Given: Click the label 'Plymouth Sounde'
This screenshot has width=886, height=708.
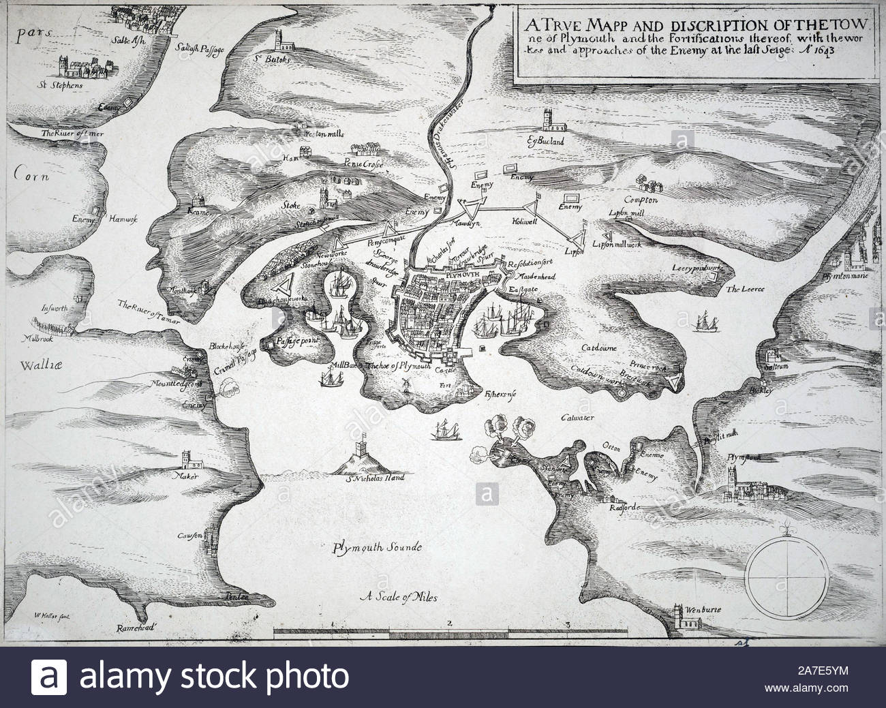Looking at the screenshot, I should [378, 547].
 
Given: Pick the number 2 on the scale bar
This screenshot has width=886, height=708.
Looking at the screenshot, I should [450, 622].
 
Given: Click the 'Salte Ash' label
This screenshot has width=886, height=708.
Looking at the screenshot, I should [134, 38].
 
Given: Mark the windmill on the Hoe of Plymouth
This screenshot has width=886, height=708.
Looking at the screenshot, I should [405, 384].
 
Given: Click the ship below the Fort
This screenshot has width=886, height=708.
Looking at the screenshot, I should [445, 429].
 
